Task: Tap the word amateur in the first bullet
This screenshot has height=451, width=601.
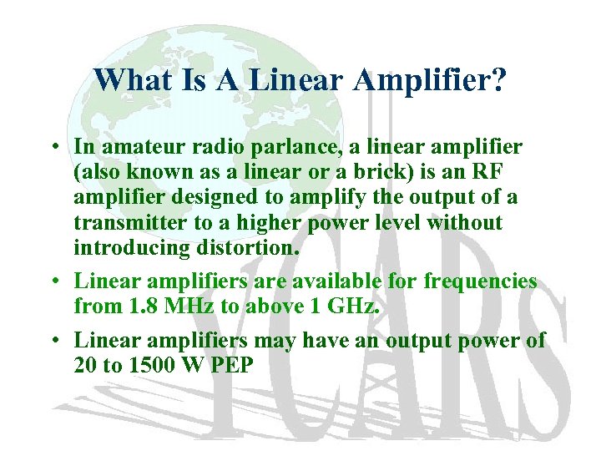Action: [x=139, y=147]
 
